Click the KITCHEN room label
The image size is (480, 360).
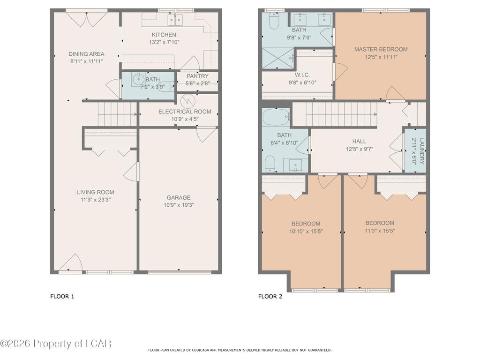pos(164,35)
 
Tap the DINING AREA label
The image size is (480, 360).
pos(86,54)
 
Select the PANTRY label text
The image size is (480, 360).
pos(197,76)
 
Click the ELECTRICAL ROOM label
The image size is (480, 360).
pos(185,112)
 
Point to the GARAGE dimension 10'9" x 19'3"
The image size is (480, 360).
pos(179,205)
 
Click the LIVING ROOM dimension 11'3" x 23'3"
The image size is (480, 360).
pos(96,200)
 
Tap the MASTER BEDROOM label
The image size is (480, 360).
pos(381,49)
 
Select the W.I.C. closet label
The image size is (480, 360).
pos(302,75)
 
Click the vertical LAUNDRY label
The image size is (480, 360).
pos(422,151)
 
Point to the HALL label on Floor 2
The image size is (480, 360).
pos(359,142)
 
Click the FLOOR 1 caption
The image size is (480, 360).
pos(62,296)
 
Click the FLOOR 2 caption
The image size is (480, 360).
pos(270,296)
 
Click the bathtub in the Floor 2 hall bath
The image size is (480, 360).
pos(276,117)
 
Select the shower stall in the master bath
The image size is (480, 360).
pos(278,58)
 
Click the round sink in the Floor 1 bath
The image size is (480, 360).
pos(138,79)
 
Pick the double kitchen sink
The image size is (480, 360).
pos(175,19)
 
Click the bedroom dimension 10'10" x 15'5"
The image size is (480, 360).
pos(306,232)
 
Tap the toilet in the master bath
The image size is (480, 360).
pos(274,21)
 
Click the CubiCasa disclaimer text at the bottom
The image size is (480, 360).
pos(240,350)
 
